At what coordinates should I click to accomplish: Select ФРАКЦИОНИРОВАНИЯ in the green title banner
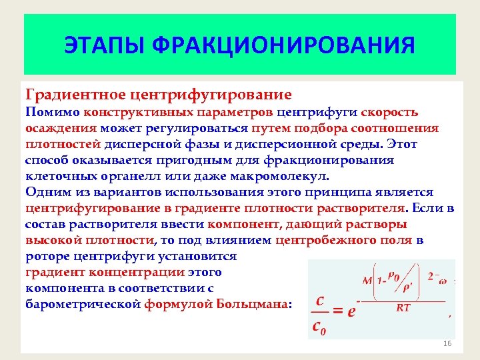click(283, 46)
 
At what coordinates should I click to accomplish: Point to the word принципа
click(331, 192)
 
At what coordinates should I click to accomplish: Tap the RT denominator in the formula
click(403, 308)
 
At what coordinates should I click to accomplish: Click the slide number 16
click(447, 343)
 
